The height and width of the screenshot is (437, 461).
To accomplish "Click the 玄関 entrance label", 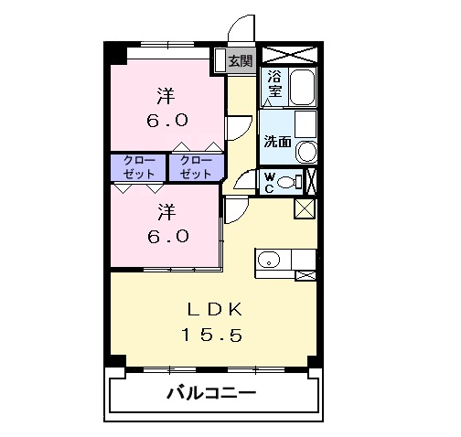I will [x=240, y=61].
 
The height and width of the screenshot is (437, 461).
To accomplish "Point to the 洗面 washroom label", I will [x=277, y=142].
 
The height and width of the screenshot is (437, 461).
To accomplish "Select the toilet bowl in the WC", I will [x=290, y=181].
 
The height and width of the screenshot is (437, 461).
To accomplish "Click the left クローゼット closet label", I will [x=139, y=166].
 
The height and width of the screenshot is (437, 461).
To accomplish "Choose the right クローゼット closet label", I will [x=196, y=166].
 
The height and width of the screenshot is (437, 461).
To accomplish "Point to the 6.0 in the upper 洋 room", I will [x=167, y=120].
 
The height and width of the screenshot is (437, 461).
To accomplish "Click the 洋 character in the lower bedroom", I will [x=166, y=213].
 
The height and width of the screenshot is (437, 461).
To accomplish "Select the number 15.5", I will [x=210, y=336].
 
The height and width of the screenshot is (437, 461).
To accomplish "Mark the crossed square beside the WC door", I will [x=304, y=208].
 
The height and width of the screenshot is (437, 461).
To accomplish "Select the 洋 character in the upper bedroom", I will [x=166, y=94].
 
